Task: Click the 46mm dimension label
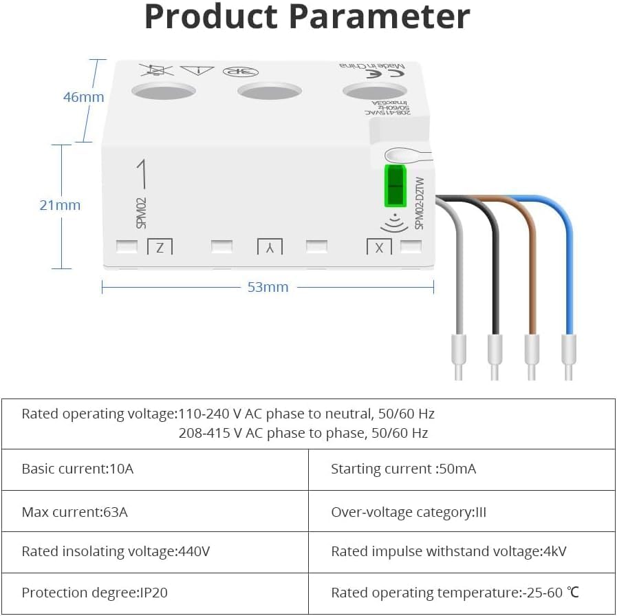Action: [x=83, y=97]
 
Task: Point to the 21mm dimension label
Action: [x=61, y=205]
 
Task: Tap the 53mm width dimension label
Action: [x=268, y=287]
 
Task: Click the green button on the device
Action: [x=395, y=185]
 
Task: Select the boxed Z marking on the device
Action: [x=160, y=247]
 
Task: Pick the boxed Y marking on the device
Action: [x=270, y=247]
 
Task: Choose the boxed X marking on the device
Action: [x=379, y=247]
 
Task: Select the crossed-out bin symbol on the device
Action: [x=155, y=70]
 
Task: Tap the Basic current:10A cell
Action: [x=78, y=469]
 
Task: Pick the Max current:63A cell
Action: [x=75, y=512]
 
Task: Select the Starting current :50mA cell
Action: [x=403, y=469]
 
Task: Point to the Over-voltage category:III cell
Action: [x=409, y=512]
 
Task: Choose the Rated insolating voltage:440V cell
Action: [x=116, y=552]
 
